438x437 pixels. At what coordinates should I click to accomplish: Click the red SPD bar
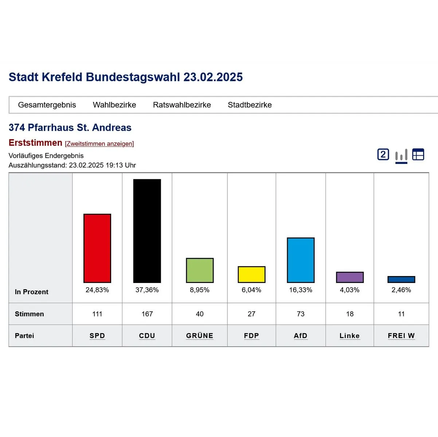click(97, 248)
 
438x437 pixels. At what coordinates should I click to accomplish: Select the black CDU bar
click(147, 231)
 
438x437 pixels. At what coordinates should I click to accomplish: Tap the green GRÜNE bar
click(200, 271)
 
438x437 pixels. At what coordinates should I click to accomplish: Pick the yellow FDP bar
click(251, 275)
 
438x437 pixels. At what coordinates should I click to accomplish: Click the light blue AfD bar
click(301, 260)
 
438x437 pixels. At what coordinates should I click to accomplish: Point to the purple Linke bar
click(349, 277)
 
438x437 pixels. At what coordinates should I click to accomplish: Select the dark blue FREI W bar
click(401, 280)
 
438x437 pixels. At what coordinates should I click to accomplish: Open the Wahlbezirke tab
click(114, 105)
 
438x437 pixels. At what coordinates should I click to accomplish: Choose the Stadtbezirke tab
click(250, 105)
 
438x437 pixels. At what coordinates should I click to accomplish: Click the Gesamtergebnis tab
click(47, 105)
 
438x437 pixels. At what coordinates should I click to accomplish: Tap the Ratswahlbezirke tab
click(182, 105)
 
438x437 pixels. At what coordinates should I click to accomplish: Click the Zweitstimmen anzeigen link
click(99, 144)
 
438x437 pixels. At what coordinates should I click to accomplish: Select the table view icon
click(418, 155)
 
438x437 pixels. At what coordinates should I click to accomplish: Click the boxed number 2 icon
click(383, 155)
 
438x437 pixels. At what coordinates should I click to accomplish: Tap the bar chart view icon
click(401, 155)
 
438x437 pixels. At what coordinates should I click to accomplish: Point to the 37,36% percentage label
click(147, 290)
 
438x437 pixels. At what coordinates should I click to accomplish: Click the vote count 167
click(147, 314)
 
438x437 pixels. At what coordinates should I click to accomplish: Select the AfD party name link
click(301, 336)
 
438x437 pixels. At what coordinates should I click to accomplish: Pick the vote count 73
click(301, 314)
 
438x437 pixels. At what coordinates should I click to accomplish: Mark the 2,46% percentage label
click(401, 290)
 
